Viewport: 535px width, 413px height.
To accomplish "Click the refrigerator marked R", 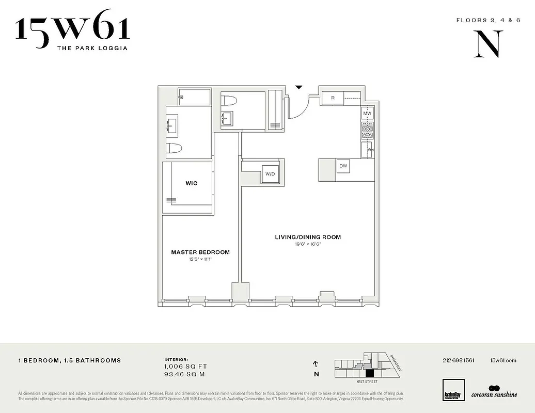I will (x=333, y=98).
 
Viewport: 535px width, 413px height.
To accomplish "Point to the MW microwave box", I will (x=367, y=114).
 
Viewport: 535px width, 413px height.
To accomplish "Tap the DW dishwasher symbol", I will (x=343, y=166).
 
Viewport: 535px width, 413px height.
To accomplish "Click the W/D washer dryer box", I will (x=270, y=173).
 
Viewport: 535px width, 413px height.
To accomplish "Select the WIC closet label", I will (x=192, y=183).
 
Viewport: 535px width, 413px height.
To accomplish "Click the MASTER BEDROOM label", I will (x=200, y=252).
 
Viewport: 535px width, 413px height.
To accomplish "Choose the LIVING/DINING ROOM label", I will (x=308, y=237).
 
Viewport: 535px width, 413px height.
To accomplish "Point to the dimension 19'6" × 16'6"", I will (x=308, y=244).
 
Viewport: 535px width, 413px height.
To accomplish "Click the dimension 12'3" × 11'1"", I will (x=200, y=259).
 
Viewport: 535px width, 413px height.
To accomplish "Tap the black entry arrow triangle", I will (x=298, y=88).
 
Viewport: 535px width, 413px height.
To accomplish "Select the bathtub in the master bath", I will (x=195, y=97).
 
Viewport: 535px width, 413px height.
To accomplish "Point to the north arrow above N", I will (x=316, y=364).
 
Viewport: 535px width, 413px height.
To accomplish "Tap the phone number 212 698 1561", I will (x=459, y=360).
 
